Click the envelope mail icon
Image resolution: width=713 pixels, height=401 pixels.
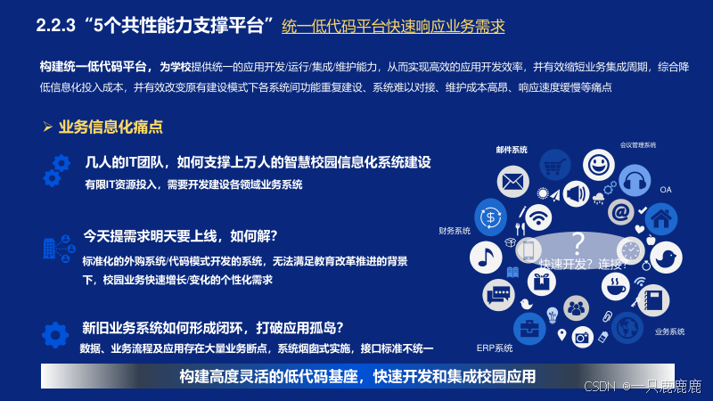click(x=513, y=182)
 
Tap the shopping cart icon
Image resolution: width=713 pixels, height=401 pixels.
click(x=554, y=165)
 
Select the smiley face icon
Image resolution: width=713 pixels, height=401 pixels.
click(x=598, y=165)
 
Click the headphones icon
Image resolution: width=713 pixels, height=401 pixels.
click(x=635, y=181)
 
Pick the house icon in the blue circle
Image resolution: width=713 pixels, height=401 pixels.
click(x=661, y=219)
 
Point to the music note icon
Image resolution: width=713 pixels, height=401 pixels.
click(x=486, y=258)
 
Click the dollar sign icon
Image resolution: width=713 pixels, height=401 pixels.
click(x=490, y=217)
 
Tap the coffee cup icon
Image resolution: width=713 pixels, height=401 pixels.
click(x=615, y=286)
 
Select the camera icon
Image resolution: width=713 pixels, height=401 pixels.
click(x=582, y=338)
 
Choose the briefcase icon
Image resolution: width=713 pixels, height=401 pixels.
click(x=529, y=328)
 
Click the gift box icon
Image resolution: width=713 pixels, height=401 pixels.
click(x=541, y=282)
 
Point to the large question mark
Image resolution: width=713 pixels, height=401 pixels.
click(x=578, y=243)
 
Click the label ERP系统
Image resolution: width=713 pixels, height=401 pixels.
click(x=495, y=348)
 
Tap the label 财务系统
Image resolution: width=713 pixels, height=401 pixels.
click(x=455, y=231)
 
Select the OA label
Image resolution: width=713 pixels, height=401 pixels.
click(x=665, y=190)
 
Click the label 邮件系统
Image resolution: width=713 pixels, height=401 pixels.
click(x=512, y=150)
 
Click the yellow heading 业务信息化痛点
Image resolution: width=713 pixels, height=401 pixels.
click(x=111, y=127)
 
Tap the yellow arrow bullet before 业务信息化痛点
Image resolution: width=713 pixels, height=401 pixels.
click(x=48, y=127)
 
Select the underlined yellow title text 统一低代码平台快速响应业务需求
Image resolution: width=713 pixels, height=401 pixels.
click(x=393, y=27)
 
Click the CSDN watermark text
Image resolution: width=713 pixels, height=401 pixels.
click(x=642, y=387)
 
